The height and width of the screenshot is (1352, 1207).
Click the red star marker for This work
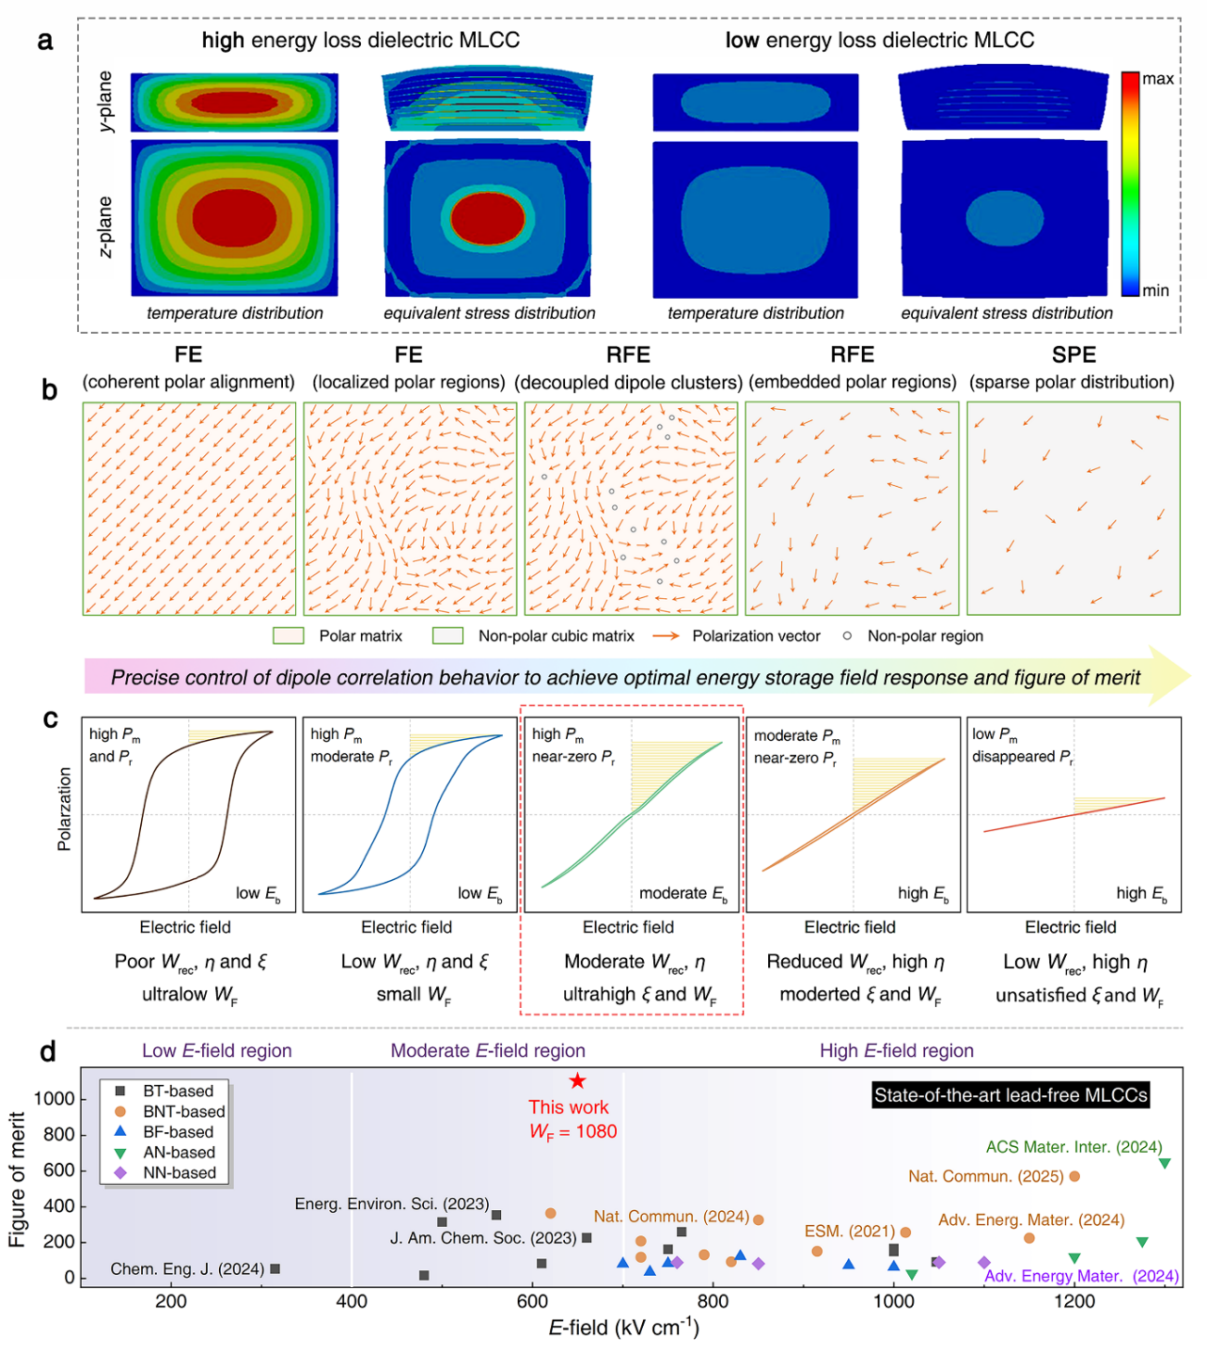tap(577, 1080)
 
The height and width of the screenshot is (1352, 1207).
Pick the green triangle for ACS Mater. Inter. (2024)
tap(1164, 1164)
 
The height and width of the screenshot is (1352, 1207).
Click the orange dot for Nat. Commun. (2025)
tap(1074, 1177)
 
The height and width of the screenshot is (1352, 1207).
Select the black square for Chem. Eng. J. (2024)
tap(275, 1269)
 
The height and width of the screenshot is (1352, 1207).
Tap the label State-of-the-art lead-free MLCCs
tap(1011, 1095)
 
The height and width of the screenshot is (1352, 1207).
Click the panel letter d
tap(47, 1052)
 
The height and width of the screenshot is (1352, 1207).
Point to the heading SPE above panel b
tap(1073, 355)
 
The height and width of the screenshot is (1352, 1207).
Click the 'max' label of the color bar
tap(1158, 79)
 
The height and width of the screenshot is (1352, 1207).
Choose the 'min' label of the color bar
tap(1156, 290)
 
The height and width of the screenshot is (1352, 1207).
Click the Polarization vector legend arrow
tap(665, 636)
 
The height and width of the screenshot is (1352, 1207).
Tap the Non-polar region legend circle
tap(847, 636)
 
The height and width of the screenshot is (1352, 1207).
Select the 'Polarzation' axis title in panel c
tap(64, 809)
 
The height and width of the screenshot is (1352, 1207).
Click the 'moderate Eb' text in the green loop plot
tap(683, 894)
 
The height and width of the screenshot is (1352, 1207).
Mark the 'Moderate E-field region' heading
tap(487, 1051)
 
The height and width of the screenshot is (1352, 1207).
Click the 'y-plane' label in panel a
tap(106, 101)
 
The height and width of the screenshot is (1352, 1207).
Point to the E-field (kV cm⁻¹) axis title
tap(623, 1328)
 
